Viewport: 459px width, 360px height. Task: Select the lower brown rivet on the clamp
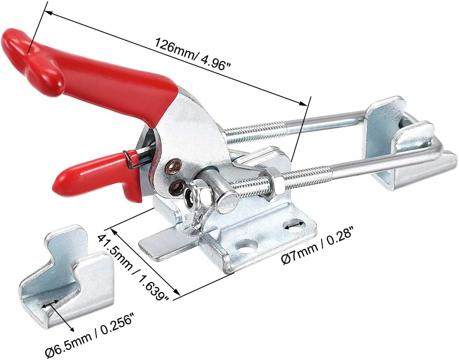[x=177, y=186]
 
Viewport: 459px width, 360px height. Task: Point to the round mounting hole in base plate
[x=246, y=246]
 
